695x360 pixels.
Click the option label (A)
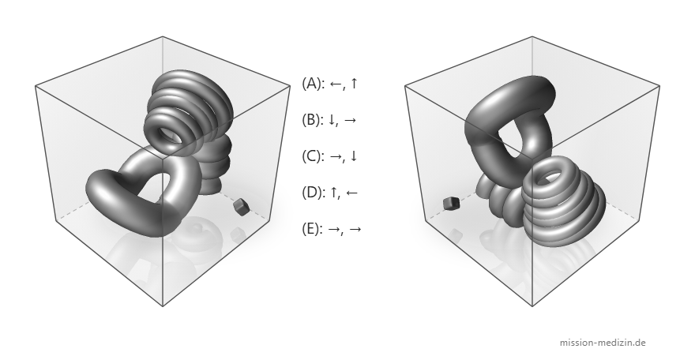click(312, 83)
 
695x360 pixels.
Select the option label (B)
click(312, 120)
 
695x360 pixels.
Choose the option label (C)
click(312, 156)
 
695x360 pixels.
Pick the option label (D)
click(313, 193)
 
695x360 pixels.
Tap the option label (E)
click(312, 229)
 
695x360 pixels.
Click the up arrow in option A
click(354, 83)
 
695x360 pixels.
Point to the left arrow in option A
click(336, 84)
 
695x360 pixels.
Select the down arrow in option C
click(354, 156)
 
